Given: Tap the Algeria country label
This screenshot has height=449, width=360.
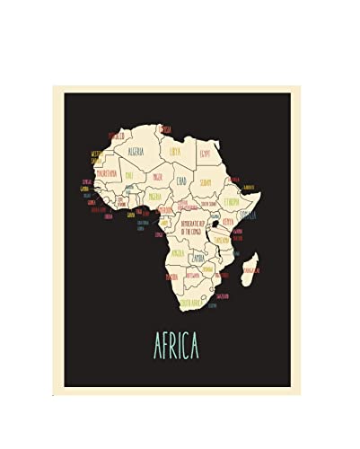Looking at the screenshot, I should pos(137,152).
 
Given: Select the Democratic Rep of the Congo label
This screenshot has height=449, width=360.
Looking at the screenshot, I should pos(195,225).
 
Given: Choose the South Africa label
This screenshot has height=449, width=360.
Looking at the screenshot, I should pos(190,303).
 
